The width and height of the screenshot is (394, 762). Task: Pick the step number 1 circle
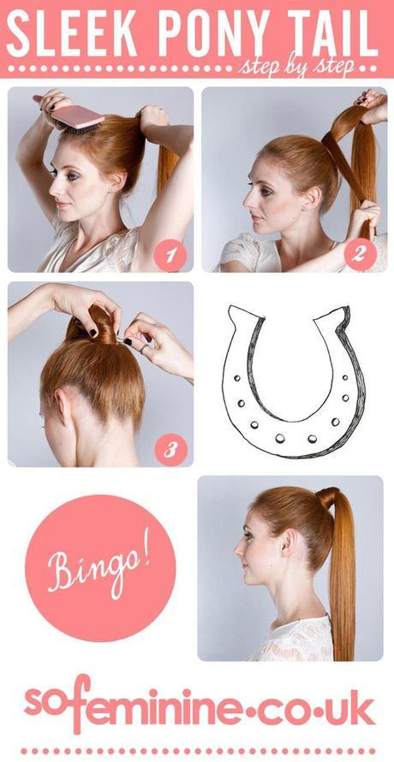(170, 253)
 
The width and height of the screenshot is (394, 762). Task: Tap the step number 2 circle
(359, 253)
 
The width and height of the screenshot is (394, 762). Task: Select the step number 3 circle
(170, 448)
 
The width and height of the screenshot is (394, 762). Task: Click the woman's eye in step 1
(56, 171)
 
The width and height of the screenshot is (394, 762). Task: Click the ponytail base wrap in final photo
(326, 498)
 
